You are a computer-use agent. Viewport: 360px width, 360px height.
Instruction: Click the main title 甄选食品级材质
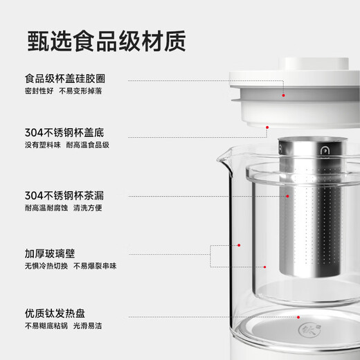pos(107,41)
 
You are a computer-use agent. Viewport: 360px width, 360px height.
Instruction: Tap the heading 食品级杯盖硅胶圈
pos(65,78)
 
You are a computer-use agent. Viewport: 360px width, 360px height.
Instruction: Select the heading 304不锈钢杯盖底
pos(64,132)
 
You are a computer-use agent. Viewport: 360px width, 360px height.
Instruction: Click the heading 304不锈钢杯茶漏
pos(64,195)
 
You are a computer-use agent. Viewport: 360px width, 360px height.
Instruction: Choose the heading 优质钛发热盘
pos(55,314)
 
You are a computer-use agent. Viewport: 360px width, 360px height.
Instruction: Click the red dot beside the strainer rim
pos(268,127)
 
